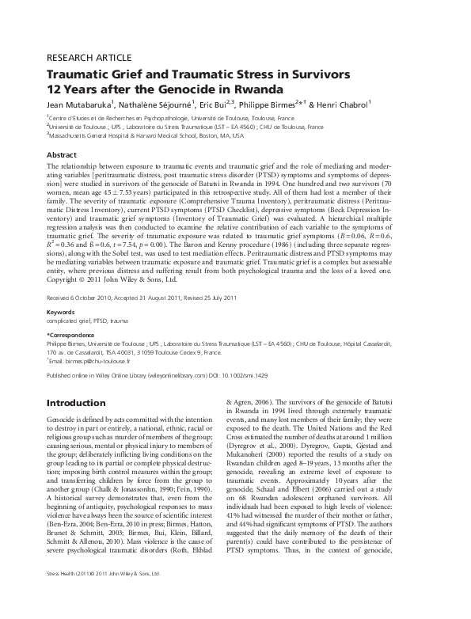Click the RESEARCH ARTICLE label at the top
(82, 59)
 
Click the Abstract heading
(63, 155)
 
